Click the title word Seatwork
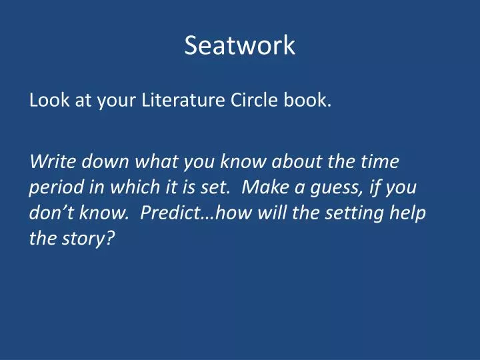[x=239, y=46]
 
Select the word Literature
[x=175, y=103]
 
